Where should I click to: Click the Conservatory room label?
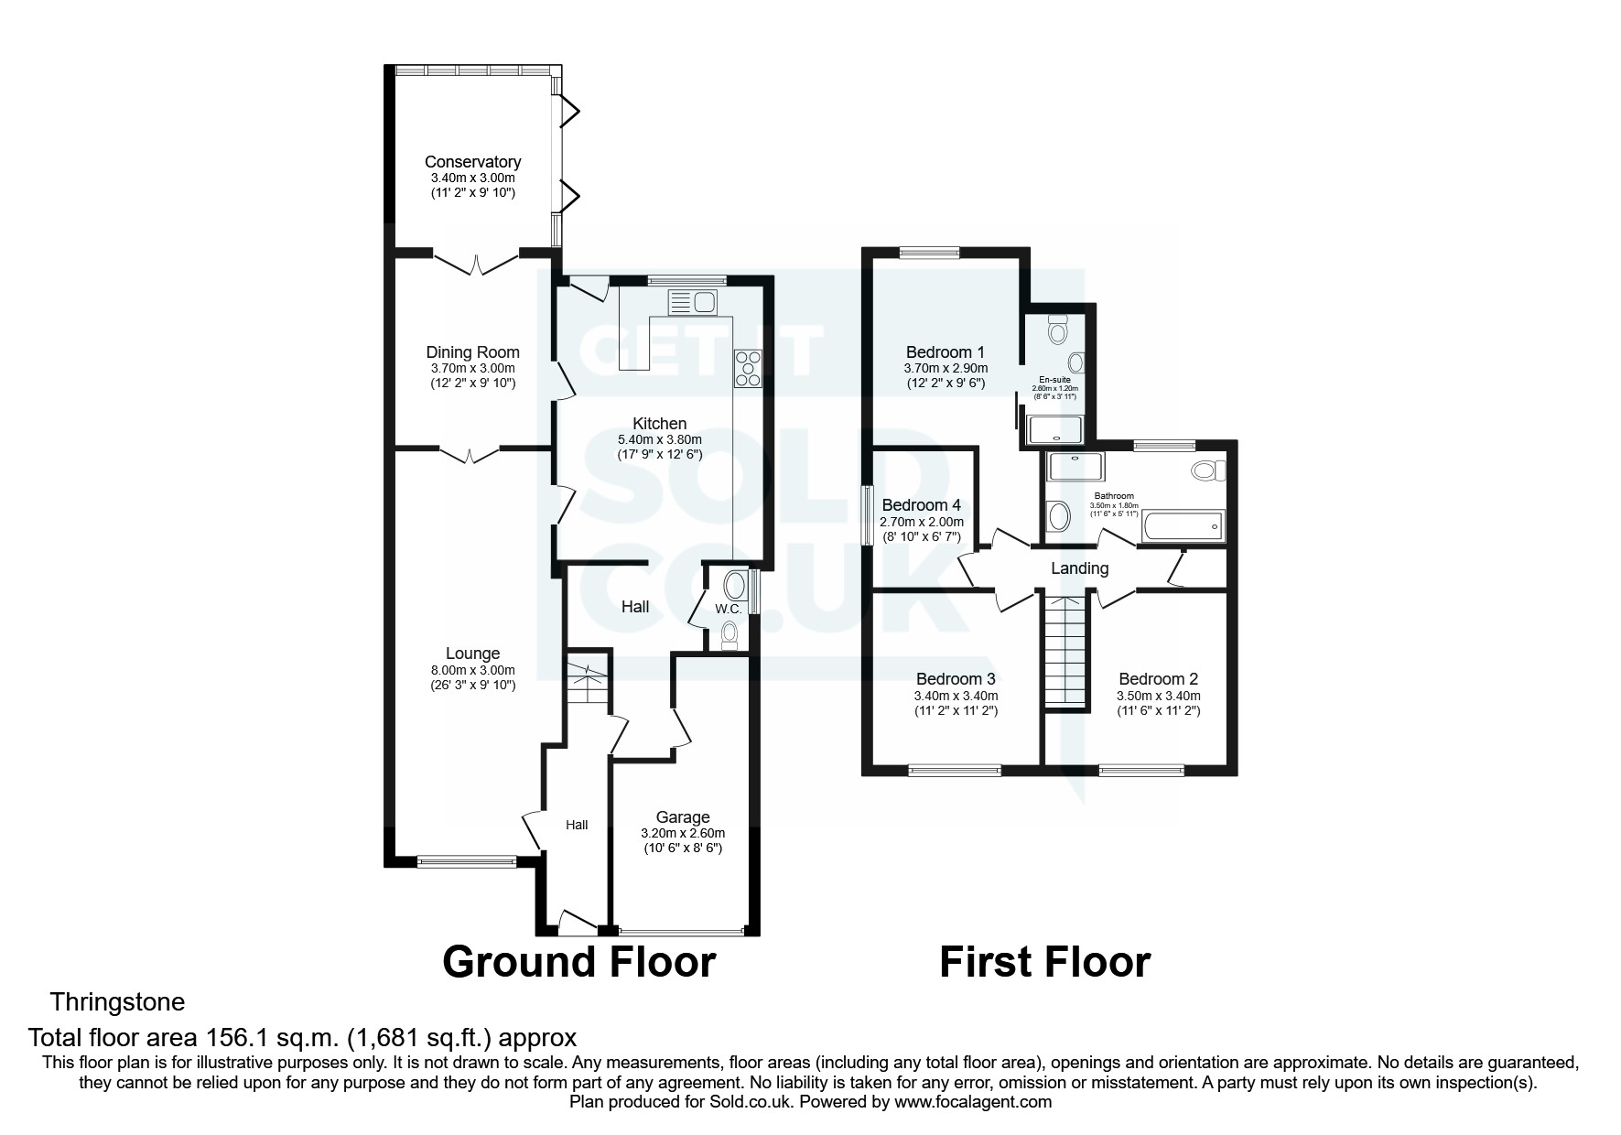coord(472,162)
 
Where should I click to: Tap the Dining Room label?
coord(472,352)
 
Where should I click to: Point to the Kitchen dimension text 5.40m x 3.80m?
coord(659,439)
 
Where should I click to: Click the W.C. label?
coord(728,609)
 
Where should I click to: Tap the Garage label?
coord(682,817)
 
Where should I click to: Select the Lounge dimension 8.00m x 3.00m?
coord(472,670)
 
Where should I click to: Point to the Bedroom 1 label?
coord(945,352)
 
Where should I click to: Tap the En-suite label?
coord(1054,379)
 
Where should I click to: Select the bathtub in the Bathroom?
coord(1184,526)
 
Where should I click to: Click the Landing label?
coord(1079,568)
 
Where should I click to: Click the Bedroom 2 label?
coord(1158,679)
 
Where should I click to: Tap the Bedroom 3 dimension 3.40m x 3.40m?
coord(956,696)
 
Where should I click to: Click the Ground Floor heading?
coord(578,962)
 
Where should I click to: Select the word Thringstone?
coord(117,1002)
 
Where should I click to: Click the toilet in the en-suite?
coord(1059,329)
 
